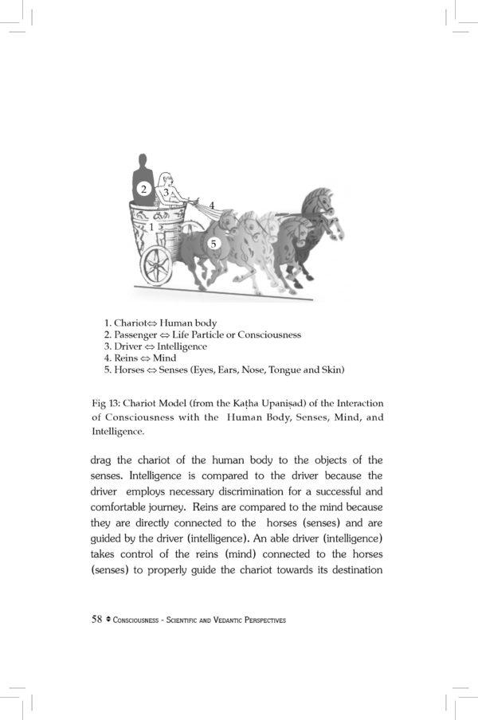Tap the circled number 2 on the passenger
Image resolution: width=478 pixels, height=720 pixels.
pos(143,189)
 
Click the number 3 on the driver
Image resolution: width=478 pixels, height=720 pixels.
pos(166,192)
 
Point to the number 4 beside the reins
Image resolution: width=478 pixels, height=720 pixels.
pos(212,204)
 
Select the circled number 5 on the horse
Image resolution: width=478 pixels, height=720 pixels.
pos(213,244)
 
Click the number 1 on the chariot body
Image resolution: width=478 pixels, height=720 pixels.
pos(151,227)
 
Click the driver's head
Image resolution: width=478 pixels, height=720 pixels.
pos(166,179)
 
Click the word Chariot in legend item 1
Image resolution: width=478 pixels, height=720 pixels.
pos(132,323)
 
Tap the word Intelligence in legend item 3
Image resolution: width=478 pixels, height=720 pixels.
pos(180,347)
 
